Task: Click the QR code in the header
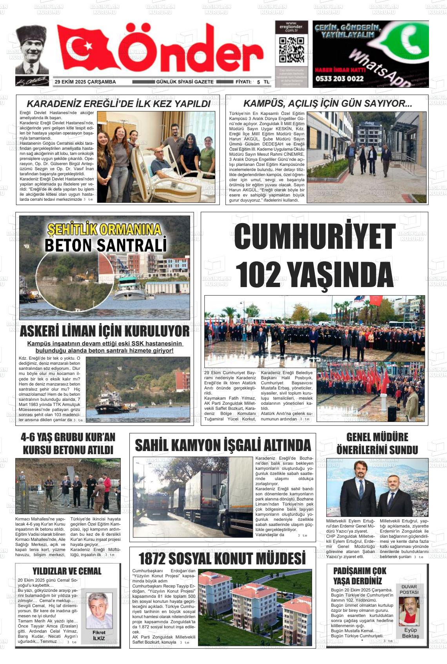(291, 50)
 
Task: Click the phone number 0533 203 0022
(339, 78)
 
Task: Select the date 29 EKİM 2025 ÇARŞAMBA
(85, 82)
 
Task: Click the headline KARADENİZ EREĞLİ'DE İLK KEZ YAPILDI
(118, 104)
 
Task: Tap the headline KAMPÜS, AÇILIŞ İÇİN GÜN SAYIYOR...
(327, 104)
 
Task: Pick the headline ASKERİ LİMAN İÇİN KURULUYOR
(104, 331)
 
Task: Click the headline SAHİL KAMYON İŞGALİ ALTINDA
(223, 446)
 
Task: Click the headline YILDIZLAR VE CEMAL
(67, 571)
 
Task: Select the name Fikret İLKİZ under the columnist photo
(99, 635)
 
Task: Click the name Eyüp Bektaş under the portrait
(411, 633)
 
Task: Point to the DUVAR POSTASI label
(409, 589)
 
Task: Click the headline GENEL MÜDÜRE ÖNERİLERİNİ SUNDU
(377, 443)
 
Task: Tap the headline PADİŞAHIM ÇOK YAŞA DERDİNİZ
(360, 576)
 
